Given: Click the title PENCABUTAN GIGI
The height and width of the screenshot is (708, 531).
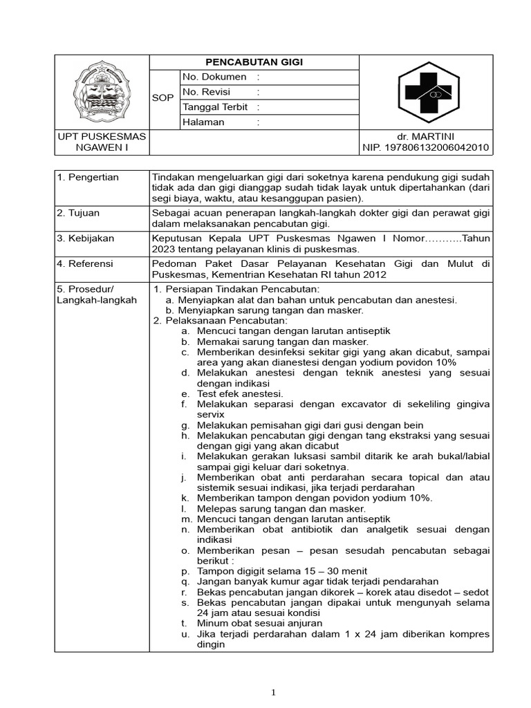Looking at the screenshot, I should coord(254,62).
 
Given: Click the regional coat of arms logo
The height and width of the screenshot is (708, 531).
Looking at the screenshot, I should coord(102,92).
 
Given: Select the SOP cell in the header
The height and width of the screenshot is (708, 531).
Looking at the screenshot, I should coord(163,99).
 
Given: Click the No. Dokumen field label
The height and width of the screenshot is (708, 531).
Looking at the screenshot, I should coord(214,77).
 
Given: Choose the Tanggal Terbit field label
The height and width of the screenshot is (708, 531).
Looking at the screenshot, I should coord(214,107).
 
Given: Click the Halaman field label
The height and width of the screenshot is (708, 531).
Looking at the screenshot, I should coord(203,122).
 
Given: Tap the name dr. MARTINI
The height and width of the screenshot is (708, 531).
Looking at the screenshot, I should coord(426,136).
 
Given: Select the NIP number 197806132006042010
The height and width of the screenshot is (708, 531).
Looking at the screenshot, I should coord(426,147).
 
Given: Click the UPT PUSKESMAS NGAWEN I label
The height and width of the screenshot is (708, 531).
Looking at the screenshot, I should coord(102,142).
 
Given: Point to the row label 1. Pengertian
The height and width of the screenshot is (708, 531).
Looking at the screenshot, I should coord(88,177).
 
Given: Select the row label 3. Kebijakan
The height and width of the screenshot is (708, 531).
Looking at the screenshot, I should coord(86,239).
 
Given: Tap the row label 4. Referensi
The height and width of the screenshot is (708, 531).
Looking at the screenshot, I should coord(86,263).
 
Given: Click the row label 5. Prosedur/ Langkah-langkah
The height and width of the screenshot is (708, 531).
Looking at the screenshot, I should coord(97,294).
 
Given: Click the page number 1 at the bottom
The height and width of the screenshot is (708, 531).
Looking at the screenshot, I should coord(274,692).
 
